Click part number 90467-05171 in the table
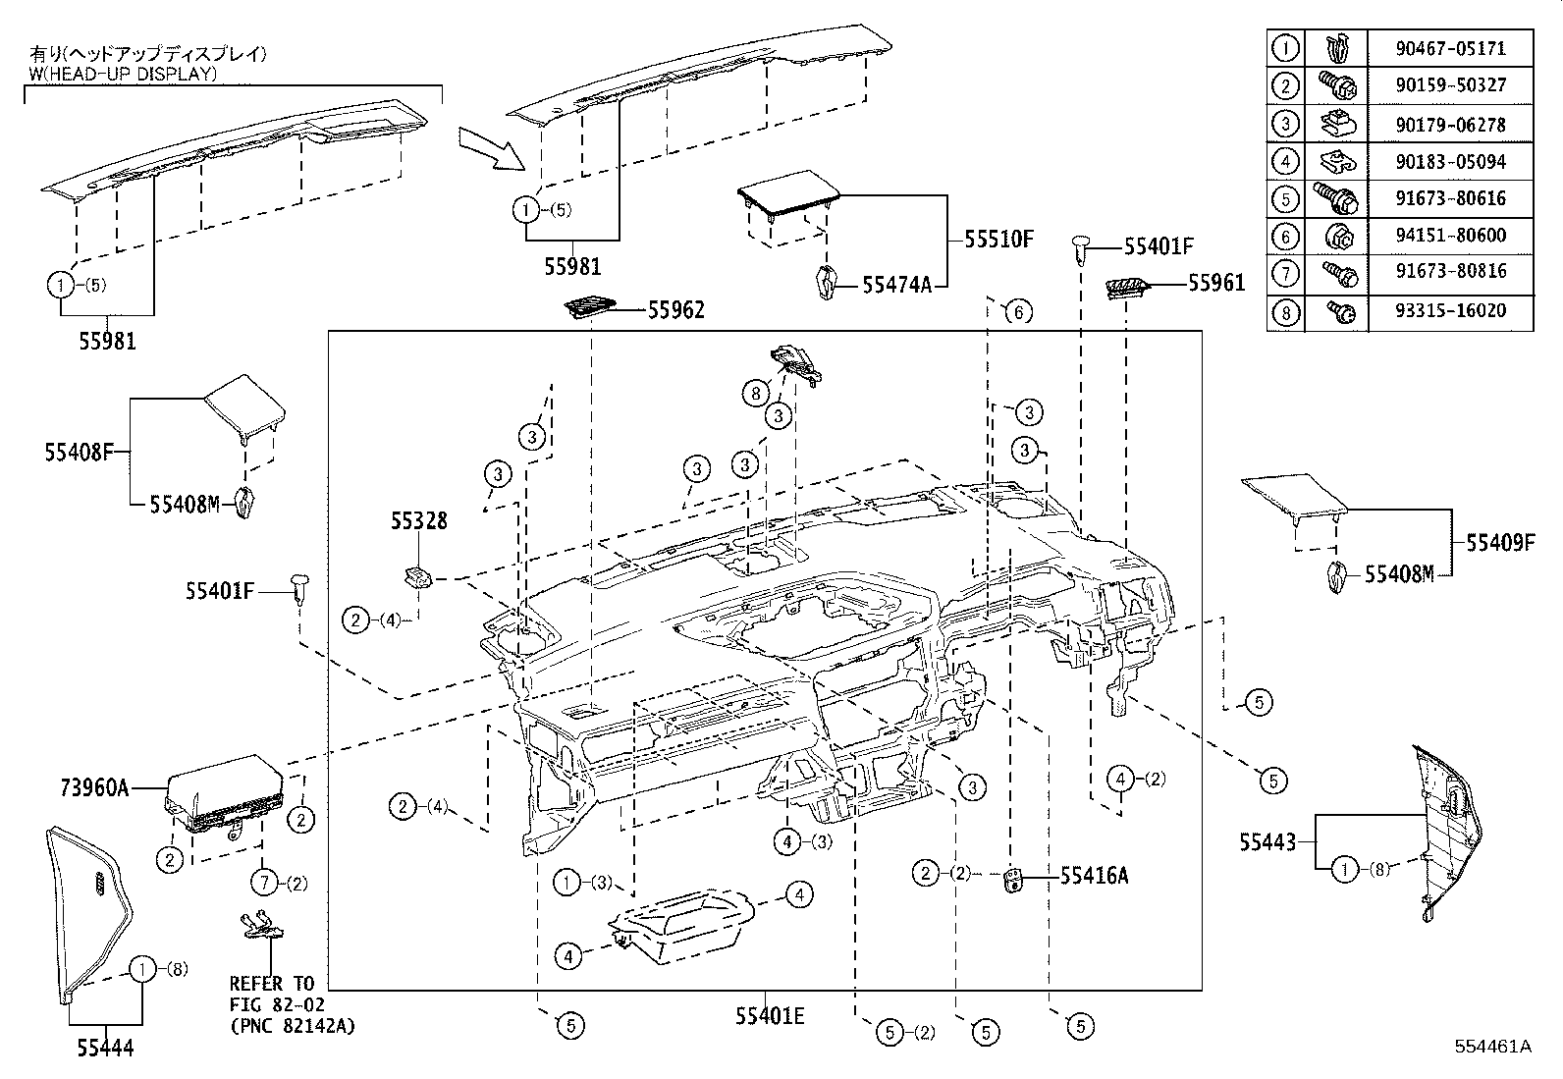(x=1449, y=48)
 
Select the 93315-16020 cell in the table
(x=1449, y=311)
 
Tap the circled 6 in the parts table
(x=1285, y=237)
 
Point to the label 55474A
(x=896, y=285)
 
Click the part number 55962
(x=675, y=310)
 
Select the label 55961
(x=1215, y=283)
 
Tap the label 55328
(x=418, y=521)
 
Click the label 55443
(x=1267, y=841)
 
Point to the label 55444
(x=105, y=1049)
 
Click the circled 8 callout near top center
(x=754, y=394)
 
